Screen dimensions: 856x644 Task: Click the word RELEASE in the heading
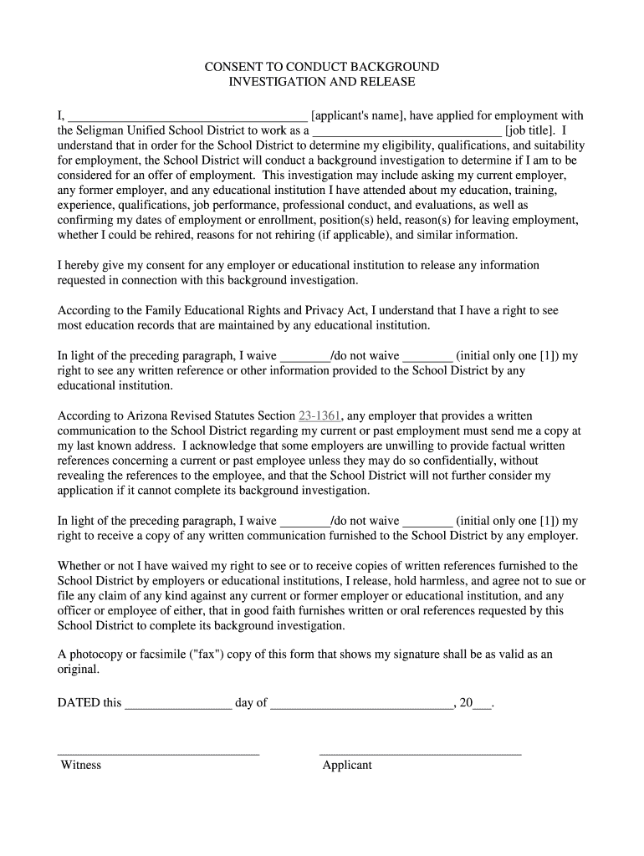coord(387,82)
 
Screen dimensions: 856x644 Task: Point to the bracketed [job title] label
coord(530,130)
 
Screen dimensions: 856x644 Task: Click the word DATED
coord(78,702)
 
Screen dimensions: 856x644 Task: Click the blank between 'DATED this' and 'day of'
coord(178,705)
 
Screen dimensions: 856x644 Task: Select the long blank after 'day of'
coord(361,705)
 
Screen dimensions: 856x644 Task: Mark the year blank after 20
coord(482,705)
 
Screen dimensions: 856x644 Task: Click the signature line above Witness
coord(158,752)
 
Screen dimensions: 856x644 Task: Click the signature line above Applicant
coord(420,752)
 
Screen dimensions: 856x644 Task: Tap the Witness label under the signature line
coord(80,765)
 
